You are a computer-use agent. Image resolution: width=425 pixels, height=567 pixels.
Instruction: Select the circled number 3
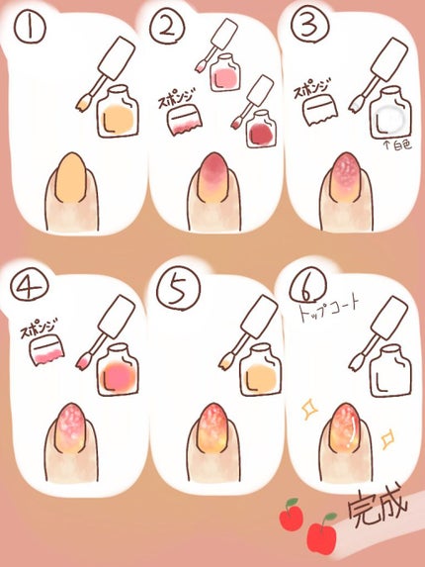click(310, 25)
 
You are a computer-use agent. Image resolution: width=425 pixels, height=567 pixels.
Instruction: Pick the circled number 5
click(178, 291)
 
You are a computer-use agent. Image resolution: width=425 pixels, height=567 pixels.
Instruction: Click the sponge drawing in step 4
click(46, 349)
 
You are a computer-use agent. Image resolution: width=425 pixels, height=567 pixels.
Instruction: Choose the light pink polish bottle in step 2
click(224, 72)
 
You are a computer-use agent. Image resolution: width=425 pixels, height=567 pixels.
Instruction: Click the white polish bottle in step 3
click(390, 113)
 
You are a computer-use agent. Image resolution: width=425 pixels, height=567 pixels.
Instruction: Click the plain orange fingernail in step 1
click(71, 177)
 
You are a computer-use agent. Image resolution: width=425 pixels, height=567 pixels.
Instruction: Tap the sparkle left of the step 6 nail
click(308, 410)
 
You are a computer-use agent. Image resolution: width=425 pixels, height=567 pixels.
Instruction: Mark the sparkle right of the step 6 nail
click(387, 438)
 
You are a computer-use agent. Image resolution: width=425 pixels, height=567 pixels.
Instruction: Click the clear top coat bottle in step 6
click(390, 369)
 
